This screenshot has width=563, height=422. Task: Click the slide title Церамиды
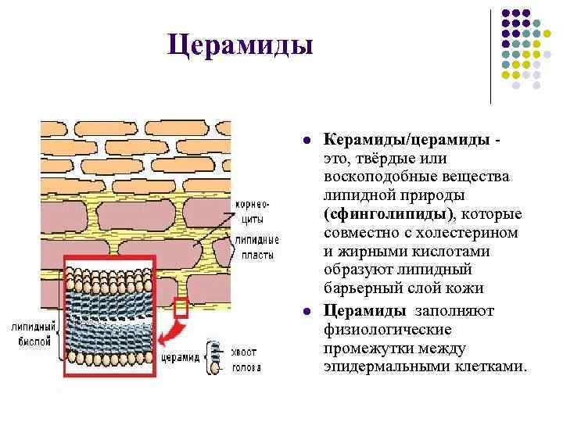tap(240, 44)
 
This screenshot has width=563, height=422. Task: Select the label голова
tap(246, 367)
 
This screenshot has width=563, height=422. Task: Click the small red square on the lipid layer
tap(181, 308)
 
